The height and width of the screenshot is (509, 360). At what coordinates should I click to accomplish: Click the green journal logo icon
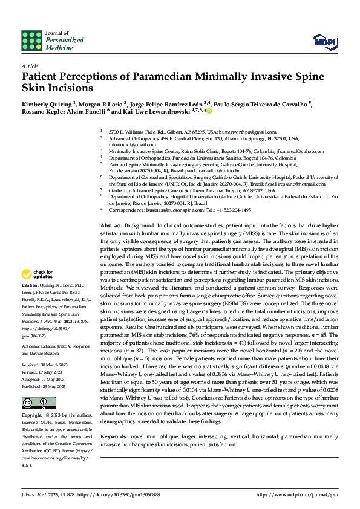tap(31, 41)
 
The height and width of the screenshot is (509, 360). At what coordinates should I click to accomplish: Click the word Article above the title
tap(30, 65)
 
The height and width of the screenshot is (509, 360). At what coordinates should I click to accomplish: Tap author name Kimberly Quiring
tap(46, 103)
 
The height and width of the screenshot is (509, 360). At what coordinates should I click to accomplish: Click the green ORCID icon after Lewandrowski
tap(209, 112)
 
